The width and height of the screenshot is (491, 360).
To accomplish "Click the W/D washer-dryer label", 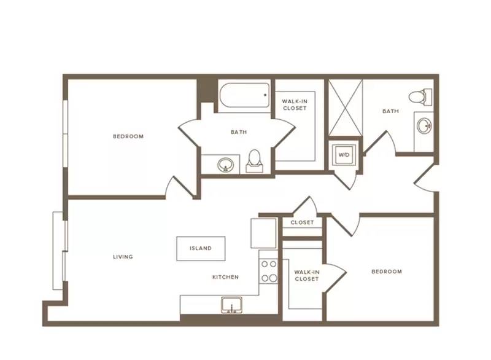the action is tap(344, 155).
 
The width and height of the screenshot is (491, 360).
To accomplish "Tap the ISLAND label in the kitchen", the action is tap(201, 248).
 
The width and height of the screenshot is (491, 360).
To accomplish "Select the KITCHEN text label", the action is tap(225, 277).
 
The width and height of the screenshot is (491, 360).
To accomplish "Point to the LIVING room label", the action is tap(123, 257).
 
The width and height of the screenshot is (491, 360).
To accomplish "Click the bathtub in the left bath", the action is tap(244, 95).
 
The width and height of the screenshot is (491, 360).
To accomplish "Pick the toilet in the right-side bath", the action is tap(420, 95).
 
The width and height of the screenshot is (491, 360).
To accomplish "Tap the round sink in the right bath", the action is tap(425, 126).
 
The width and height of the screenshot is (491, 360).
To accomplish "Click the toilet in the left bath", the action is tap(255, 161).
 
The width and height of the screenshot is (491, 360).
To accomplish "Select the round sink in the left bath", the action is tap(225, 164).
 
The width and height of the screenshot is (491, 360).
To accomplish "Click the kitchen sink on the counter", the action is tap(232, 305).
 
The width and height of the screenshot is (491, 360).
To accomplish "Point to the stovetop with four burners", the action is tap(269, 271).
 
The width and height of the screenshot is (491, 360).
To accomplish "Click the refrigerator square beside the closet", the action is tap(264, 233).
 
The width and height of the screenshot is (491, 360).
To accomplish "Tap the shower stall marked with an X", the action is tap(346, 108).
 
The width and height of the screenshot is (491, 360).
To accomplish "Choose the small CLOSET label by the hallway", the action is tap(302, 222).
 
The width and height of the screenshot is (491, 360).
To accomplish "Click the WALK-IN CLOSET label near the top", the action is tap(295, 104).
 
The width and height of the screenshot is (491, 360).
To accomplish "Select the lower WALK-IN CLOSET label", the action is tap(307, 275).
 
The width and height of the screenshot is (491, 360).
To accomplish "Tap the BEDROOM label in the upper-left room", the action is tap(128, 136).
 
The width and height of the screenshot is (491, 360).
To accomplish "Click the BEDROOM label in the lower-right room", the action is tap(387, 272).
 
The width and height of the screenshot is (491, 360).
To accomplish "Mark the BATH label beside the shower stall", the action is tap(391, 111).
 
